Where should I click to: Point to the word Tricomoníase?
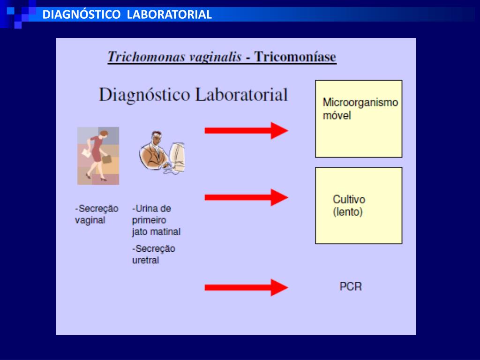tap(295, 57)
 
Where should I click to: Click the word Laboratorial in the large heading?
tap(241, 95)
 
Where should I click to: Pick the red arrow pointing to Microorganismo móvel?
tap(246, 130)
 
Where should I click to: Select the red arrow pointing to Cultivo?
tap(246, 197)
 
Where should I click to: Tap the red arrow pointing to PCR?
tap(246, 287)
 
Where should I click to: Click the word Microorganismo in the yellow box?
tap(360, 103)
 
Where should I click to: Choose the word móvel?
tap(337, 115)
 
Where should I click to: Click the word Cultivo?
tap(349, 200)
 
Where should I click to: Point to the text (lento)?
tap(348, 212)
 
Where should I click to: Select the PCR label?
tap(351, 286)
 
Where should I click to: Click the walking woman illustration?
tap(98, 155)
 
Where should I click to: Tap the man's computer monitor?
tap(177, 156)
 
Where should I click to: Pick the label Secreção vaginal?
tap(96, 214)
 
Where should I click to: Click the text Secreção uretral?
tap(153, 255)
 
